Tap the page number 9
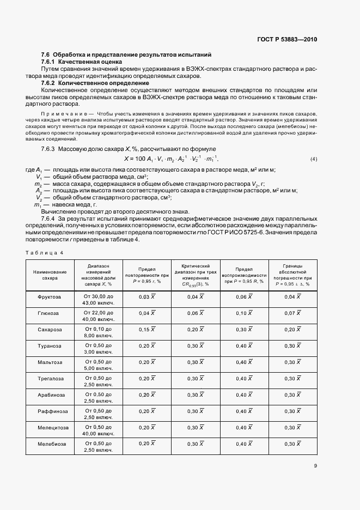pos(315,465)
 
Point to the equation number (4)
pos(313,159)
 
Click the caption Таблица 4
pos(45,252)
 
